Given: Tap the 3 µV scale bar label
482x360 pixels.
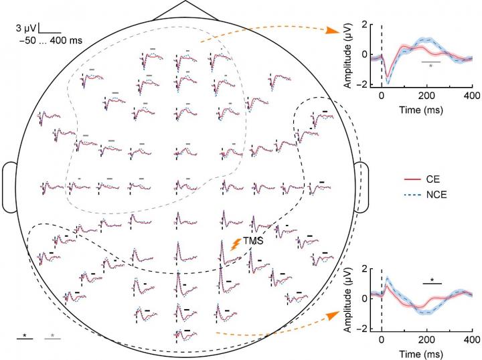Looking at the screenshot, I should (x=26, y=29).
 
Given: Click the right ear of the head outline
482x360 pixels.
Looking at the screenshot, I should (x=361, y=187).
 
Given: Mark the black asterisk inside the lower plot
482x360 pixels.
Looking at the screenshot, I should (x=432, y=280).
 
